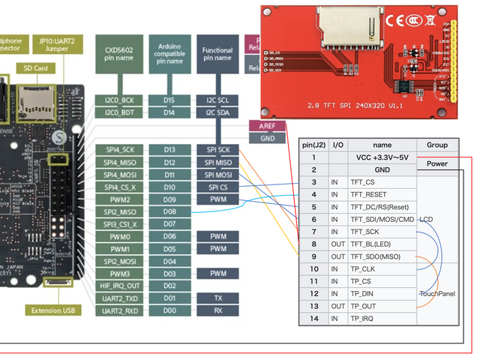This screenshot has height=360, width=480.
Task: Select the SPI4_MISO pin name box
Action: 118,163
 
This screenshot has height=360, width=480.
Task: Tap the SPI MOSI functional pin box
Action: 217,175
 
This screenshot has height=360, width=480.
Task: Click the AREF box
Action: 267,127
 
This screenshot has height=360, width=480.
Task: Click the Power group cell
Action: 437,163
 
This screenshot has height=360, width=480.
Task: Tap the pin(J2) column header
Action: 313,145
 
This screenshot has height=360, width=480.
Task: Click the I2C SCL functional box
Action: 217,100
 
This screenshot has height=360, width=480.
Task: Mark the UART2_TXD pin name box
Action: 118,298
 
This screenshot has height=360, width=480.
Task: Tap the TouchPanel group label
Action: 437,294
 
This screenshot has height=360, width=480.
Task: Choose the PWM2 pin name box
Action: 118,199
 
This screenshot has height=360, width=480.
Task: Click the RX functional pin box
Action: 217,310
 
